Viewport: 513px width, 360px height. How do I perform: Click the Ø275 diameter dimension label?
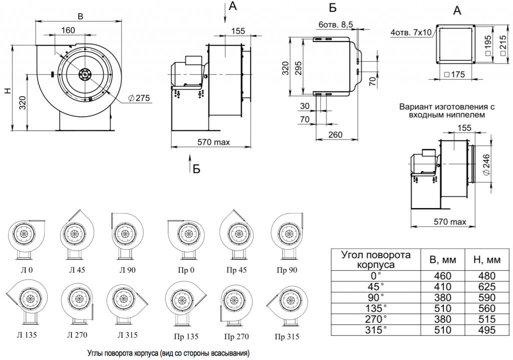tap(139, 98)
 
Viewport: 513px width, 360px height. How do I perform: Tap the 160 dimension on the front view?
tap(68, 30)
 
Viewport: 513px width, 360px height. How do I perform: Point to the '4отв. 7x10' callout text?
tap(410, 34)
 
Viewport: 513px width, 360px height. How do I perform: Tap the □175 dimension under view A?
tap(455, 75)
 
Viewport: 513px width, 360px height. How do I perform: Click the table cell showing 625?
tap(483, 287)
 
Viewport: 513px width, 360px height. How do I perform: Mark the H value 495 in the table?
tap(483, 330)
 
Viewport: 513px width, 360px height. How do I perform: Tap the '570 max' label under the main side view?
tap(213, 143)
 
